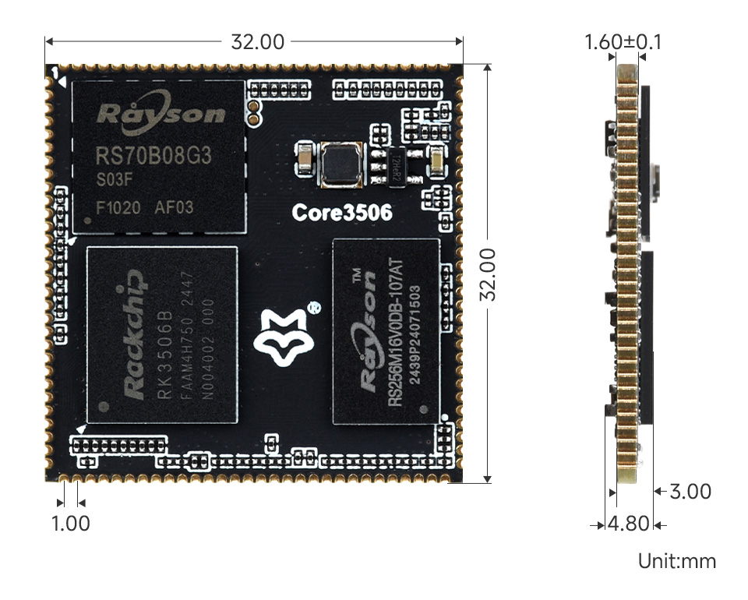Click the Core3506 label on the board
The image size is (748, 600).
click(341, 212)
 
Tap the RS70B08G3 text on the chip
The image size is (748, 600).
click(153, 156)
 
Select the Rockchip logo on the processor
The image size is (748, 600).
click(134, 335)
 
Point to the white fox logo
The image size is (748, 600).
click(281, 337)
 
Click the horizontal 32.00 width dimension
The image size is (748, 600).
click(257, 42)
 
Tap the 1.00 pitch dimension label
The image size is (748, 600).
click(71, 524)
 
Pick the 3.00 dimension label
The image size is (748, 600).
click(690, 492)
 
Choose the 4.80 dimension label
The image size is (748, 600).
click(629, 524)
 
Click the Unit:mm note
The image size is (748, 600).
click(676, 561)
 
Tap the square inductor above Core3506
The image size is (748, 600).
click(340, 165)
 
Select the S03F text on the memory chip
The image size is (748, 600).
click(112, 181)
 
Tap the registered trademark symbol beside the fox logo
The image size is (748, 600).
click(312, 307)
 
